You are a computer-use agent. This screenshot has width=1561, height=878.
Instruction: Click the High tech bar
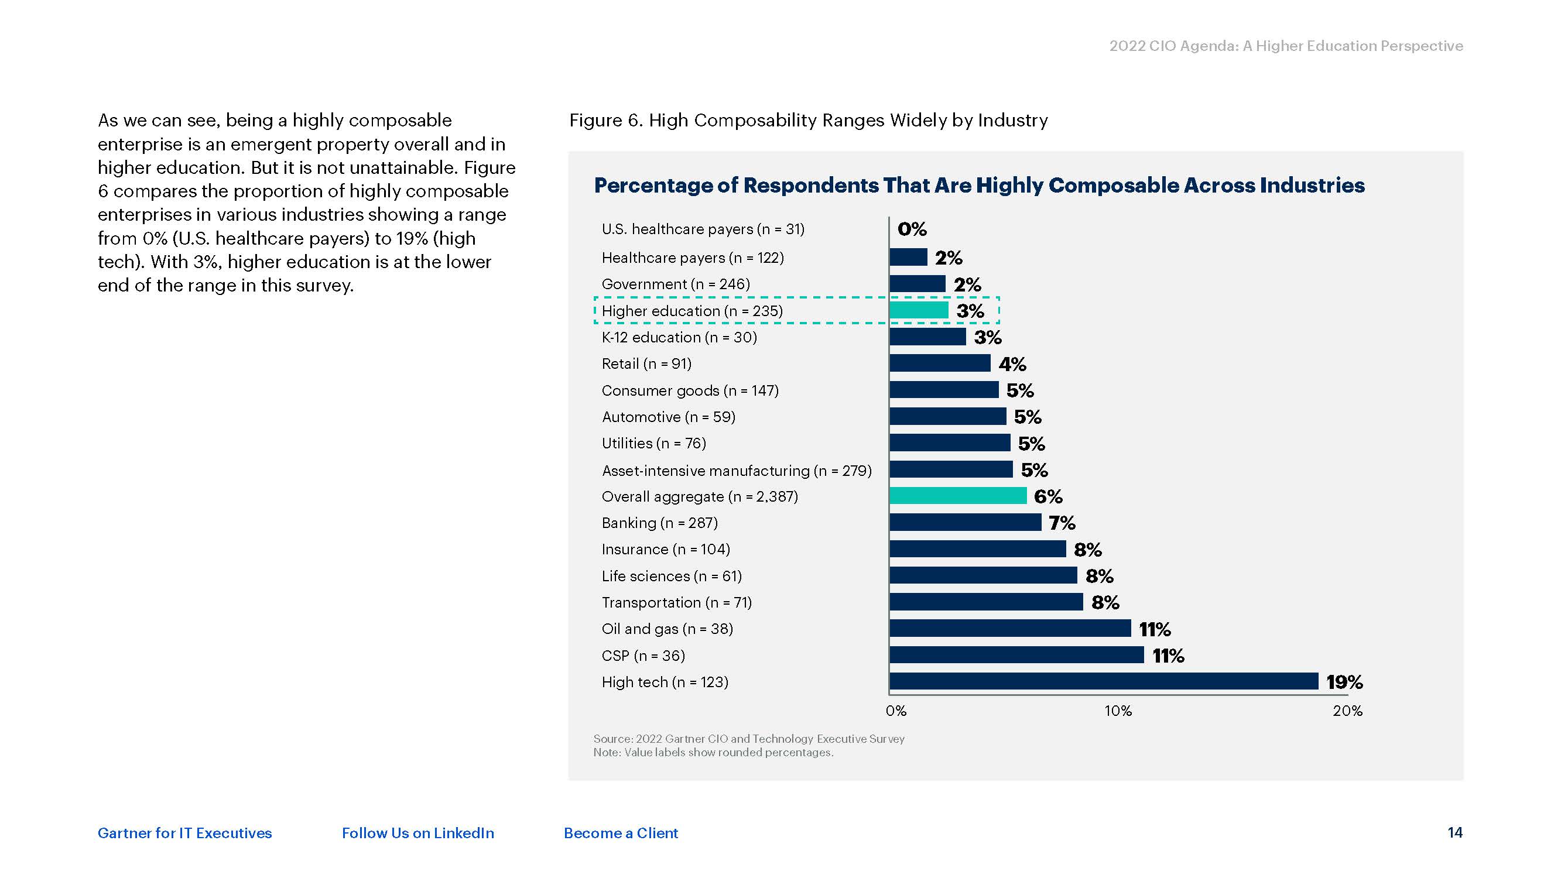tap(1104, 681)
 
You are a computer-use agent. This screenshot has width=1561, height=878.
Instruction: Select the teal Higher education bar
tap(919, 310)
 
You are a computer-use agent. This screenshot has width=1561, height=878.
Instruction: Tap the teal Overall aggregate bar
tap(958, 496)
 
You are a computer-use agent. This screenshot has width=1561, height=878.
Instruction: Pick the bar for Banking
tap(966, 522)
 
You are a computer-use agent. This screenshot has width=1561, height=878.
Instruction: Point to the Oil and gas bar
tap(1010, 628)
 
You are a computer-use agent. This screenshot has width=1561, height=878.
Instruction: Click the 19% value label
tap(1344, 682)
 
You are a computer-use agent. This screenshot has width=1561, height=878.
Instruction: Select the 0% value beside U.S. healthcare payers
tap(912, 229)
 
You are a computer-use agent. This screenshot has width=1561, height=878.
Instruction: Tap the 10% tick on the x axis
tap(1118, 711)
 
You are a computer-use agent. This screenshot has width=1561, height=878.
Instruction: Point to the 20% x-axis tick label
tap(1347, 711)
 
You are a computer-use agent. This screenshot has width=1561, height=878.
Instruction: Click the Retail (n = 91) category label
tap(646, 363)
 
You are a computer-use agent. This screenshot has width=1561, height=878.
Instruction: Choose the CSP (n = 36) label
tap(643, 656)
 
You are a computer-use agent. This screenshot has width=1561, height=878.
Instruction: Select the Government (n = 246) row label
tap(676, 284)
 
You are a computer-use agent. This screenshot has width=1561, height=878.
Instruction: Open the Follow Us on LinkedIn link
tap(417, 833)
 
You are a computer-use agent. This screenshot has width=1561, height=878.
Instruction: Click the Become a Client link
tap(621, 833)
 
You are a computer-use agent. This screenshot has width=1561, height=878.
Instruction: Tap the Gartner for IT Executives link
tap(185, 833)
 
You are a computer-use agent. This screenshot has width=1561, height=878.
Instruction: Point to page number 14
tap(1455, 832)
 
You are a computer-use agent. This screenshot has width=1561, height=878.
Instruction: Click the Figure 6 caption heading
tap(809, 120)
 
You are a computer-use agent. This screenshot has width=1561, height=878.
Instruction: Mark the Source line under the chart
tap(748, 739)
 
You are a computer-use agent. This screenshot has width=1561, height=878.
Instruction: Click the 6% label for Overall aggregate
tap(1047, 496)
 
